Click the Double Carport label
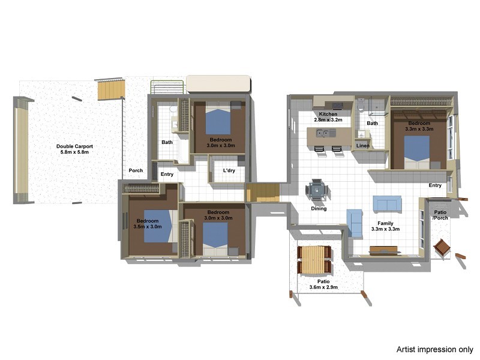74,146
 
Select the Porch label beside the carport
136,170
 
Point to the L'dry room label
228,170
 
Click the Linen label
362,145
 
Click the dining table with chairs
318,191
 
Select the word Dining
319,209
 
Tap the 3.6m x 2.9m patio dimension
323,288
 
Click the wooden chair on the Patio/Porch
442,247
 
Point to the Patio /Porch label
440,215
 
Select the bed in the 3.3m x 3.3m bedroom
416,153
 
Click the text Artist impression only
434,349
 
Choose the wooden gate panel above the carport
112,90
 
